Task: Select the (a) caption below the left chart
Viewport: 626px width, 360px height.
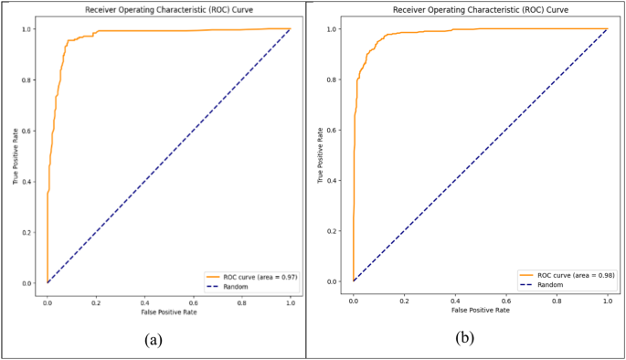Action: point(154,340)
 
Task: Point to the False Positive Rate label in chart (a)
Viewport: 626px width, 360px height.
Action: point(169,313)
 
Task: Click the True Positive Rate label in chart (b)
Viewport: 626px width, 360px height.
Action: point(321,155)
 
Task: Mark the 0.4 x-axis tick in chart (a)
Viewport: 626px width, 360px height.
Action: point(144,301)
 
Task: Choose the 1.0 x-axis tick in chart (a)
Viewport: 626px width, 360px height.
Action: point(290,301)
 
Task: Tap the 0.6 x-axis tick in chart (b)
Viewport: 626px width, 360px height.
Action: point(506,299)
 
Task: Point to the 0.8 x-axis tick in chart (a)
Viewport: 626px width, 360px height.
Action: point(241,301)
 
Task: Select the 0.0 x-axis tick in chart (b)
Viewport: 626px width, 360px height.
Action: point(354,299)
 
